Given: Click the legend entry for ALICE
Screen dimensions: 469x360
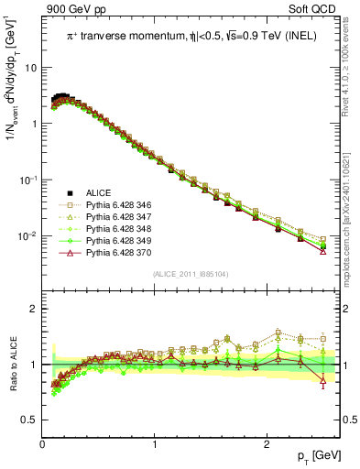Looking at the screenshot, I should click(x=98, y=192).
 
